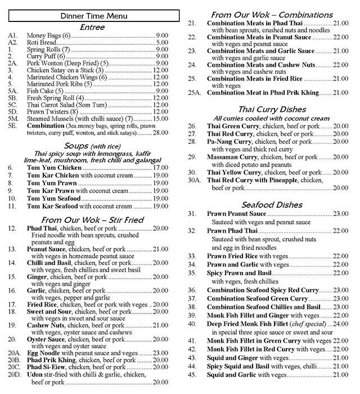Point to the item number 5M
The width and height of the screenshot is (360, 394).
click(x=12, y=118)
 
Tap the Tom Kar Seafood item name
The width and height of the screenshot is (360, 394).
click(x=51, y=207)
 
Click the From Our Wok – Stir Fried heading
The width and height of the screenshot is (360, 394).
click(x=93, y=220)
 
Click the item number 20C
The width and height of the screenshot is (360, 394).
click(x=13, y=367)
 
